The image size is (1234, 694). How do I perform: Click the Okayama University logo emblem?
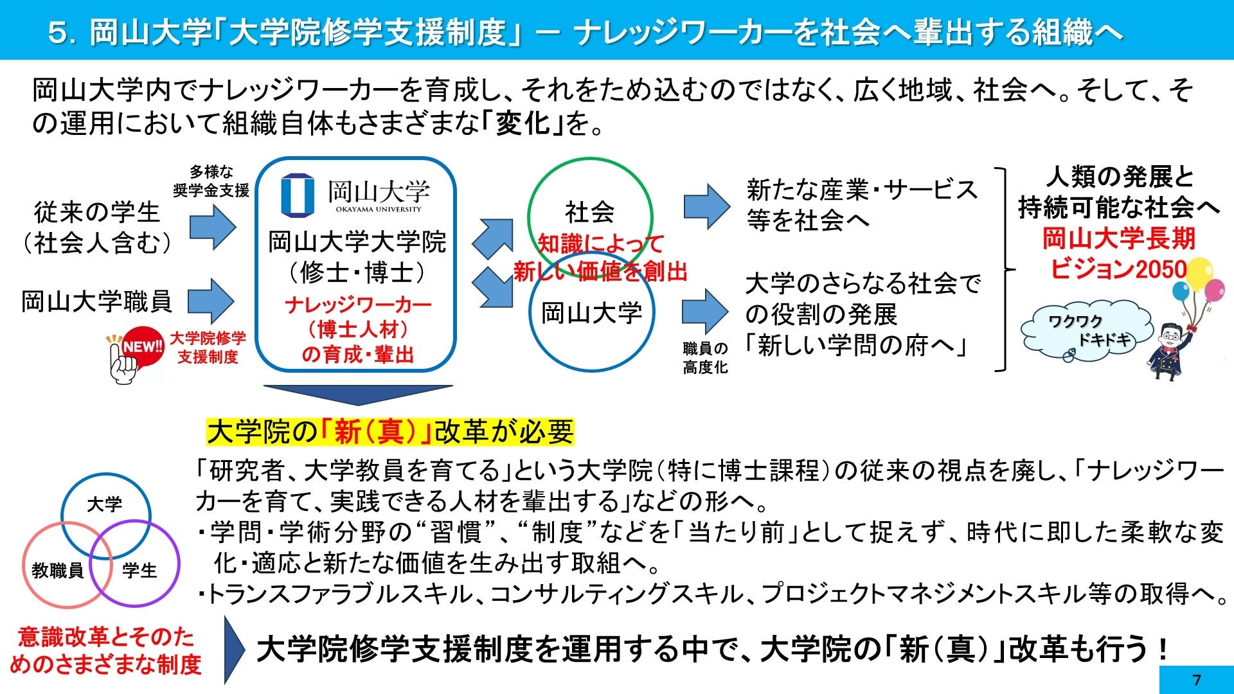pos(298,195)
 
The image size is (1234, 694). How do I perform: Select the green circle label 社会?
pos(589,211)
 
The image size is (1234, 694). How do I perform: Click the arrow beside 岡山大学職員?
pos(212,301)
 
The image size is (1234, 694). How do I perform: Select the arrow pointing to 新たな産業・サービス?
pos(706,206)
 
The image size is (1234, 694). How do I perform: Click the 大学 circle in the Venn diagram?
pos(105,504)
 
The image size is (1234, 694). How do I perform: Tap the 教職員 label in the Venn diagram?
pos(57,570)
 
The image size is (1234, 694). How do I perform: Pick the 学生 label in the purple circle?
pos(139,570)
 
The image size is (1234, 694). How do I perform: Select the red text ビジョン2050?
pos(1118,269)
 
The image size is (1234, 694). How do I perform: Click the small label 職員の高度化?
pos(705,357)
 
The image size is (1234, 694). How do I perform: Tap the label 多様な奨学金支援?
pos(211,181)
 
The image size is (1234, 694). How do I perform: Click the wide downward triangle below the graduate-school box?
pos(358,394)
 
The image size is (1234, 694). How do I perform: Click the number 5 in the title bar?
pos(58,32)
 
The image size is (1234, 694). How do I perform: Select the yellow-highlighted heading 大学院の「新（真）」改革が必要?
pos(389,432)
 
